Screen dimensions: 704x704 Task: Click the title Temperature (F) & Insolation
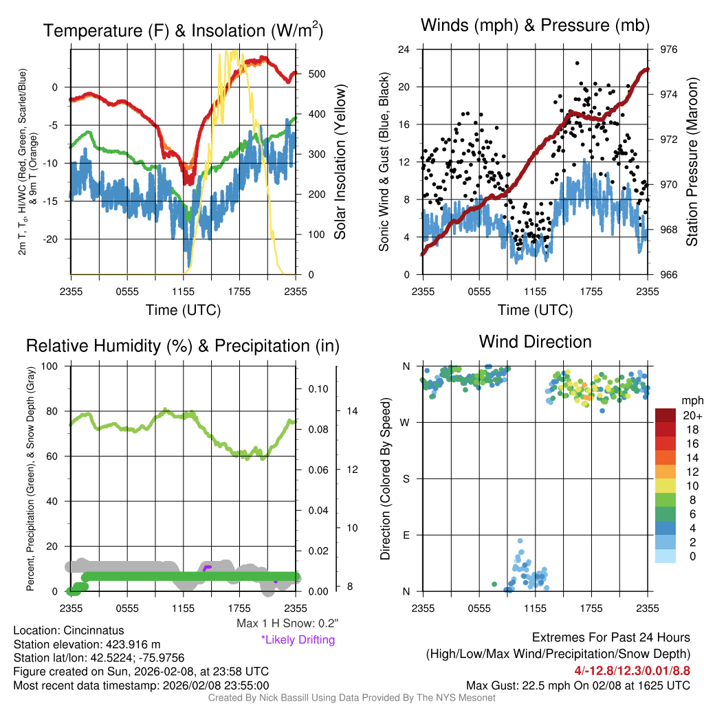click(x=183, y=31)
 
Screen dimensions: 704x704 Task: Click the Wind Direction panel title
click(x=535, y=342)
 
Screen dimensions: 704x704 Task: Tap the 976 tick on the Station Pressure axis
click(x=668, y=49)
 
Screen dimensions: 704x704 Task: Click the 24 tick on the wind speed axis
click(x=404, y=49)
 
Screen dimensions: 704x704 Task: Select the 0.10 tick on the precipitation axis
click(x=318, y=389)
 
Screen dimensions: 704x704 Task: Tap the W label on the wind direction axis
click(x=406, y=422)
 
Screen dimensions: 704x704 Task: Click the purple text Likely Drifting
click(x=298, y=639)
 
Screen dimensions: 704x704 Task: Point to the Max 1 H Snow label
click(x=287, y=624)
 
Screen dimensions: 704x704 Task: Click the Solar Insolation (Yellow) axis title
click(x=340, y=162)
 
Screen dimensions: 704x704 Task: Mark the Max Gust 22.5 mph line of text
click(x=577, y=685)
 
